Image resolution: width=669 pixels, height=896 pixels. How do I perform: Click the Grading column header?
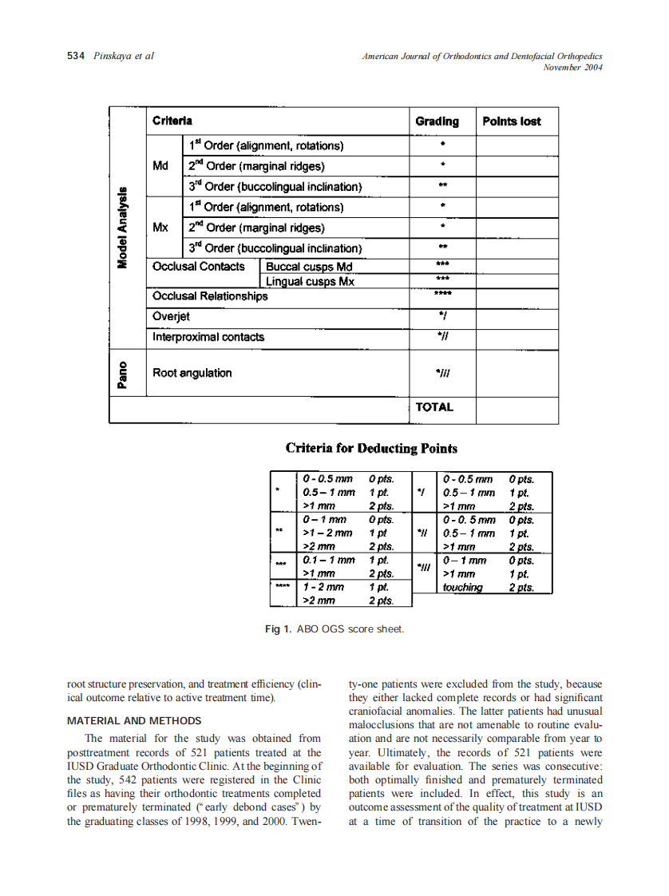click(437, 121)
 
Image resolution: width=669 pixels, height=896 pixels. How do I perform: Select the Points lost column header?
click(511, 121)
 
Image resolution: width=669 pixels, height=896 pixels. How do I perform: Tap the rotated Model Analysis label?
click(123, 228)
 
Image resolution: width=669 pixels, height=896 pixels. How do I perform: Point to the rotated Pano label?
click(123, 373)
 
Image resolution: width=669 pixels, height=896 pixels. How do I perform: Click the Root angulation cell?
click(192, 373)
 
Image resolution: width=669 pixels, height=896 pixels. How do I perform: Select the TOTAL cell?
click(434, 407)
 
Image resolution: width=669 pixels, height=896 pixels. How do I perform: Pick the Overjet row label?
click(171, 316)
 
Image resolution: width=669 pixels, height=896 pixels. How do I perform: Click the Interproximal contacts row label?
click(208, 337)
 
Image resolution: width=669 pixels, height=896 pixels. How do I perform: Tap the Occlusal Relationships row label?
click(210, 296)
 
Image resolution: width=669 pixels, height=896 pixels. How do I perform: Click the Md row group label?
click(160, 166)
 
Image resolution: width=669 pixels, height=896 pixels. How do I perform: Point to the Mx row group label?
click(160, 228)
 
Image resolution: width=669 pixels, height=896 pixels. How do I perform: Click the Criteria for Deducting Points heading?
click(371, 448)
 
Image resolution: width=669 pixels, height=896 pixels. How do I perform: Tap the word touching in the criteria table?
click(462, 587)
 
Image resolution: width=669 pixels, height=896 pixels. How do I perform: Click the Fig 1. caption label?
click(278, 629)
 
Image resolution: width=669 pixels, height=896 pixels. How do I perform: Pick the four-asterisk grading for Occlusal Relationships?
click(442, 293)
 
